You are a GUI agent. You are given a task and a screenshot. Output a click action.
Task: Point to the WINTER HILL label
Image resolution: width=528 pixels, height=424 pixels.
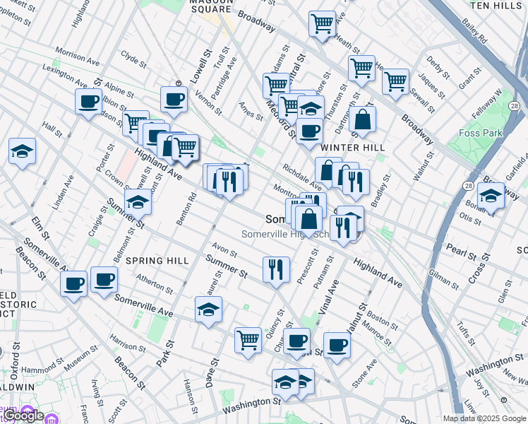[352, 148]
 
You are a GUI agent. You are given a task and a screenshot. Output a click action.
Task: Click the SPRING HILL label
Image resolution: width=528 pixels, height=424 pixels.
[157, 261]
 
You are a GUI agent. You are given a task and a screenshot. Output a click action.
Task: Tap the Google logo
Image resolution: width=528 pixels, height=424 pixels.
[23, 416]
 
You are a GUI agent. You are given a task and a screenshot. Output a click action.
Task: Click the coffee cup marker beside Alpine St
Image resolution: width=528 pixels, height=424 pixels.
[88, 101]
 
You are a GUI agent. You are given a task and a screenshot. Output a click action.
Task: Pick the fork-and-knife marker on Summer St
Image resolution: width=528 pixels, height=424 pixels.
[276, 269]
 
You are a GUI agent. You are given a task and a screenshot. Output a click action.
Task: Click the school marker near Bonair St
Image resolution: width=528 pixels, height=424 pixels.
[490, 195]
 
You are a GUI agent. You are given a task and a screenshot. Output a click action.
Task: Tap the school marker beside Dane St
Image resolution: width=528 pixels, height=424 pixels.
[208, 310]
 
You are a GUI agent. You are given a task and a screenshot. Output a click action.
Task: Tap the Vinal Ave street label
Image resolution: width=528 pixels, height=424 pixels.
[328, 297]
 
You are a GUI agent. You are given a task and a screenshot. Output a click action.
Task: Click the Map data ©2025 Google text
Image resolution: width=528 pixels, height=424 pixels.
[484, 418]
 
